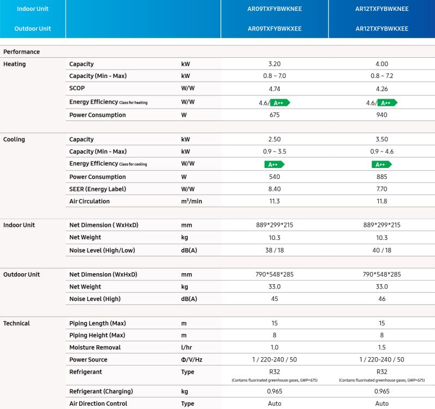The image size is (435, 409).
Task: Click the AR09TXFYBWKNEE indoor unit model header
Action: click(275, 9)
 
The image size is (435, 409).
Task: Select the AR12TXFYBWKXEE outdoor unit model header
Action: click(382, 28)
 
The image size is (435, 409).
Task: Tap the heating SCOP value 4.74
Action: click(275, 88)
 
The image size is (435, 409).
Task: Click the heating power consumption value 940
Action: click(382, 115)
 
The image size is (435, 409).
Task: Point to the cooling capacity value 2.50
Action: click(275, 140)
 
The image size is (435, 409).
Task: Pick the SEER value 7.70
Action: click(382, 189)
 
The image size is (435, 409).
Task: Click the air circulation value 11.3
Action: click(275, 201)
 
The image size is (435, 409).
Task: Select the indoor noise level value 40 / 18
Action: click(382, 250)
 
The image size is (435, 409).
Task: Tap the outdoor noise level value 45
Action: click(275, 299)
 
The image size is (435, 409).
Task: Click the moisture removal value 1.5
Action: click(382, 347)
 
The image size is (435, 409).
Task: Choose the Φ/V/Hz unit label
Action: click(191, 360)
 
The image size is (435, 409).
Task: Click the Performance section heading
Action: click(22, 52)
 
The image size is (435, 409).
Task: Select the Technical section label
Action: click(16, 323)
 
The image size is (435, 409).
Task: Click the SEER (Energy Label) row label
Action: click(98, 189)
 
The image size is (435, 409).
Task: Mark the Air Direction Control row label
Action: click(98, 404)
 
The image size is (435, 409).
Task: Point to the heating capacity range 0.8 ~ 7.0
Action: click(275, 76)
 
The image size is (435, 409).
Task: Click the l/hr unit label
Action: click(187, 347)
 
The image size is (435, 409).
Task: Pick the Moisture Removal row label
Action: click(95, 347)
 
